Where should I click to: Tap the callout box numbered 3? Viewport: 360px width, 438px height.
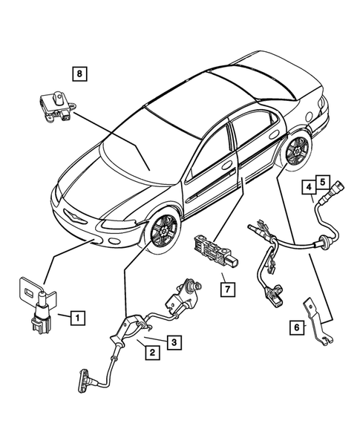click(171, 342)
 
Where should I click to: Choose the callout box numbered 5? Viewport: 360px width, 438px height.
click(322, 180)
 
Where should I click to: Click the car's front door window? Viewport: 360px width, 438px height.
click(208, 153)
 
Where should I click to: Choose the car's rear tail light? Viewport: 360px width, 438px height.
click(321, 108)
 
